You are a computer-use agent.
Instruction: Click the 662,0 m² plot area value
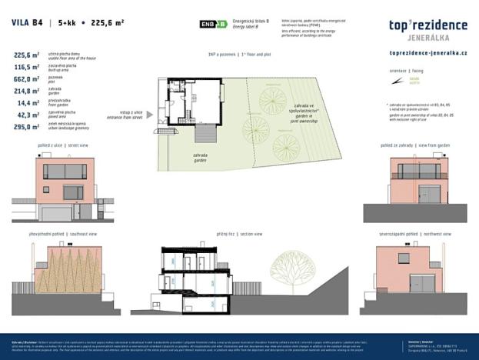[x=26, y=78]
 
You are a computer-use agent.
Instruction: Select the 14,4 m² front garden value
[x=28, y=102]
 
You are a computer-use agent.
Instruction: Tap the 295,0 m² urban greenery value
[x=26, y=126]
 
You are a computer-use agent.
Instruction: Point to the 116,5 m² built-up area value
[x=26, y=67]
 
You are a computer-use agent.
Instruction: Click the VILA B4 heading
[x=27, y=23]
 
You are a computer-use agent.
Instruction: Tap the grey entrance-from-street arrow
[x=149, y=115]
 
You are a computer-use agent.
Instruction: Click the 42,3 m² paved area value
[x=28, y=114]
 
